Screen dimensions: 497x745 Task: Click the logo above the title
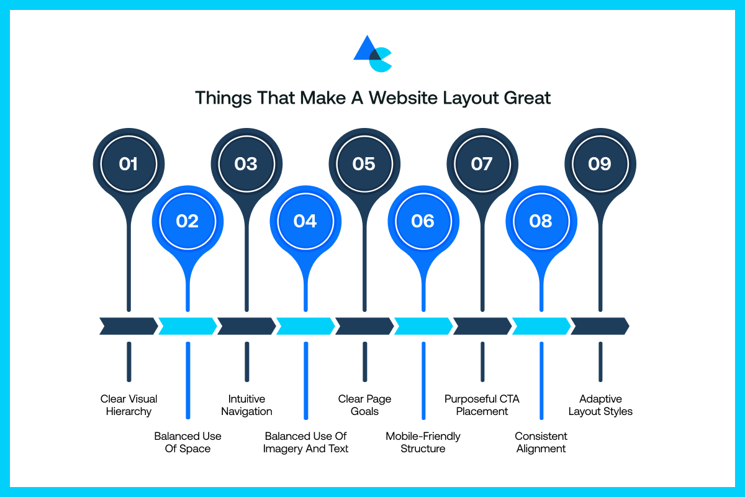point(372,54)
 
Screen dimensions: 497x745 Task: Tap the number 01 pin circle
point(129,164)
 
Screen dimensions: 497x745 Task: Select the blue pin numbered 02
point(187,221)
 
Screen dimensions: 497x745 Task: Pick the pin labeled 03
point(246,164)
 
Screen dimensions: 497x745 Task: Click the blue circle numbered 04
point(305,221)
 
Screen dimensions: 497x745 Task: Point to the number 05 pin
point(364,164)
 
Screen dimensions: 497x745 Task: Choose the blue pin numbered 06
point(423,221)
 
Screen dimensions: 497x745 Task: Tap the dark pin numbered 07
point(482,164)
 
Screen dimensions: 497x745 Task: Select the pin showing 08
point(541,221)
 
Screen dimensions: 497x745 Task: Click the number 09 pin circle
point(600,164)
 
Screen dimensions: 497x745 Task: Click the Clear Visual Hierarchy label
point(129,405)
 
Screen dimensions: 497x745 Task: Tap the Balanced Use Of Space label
point(187,442)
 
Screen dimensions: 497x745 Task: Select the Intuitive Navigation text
point(246,405)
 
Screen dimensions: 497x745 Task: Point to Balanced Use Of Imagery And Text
point(305,442)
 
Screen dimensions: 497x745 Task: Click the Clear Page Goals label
point(364,405)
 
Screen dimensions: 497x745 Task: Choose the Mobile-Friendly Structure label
point(423,442)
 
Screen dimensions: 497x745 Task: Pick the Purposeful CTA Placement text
point(482,405)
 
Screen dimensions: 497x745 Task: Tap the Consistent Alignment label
point(541,442)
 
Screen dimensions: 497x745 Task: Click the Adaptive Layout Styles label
point(600,405)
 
